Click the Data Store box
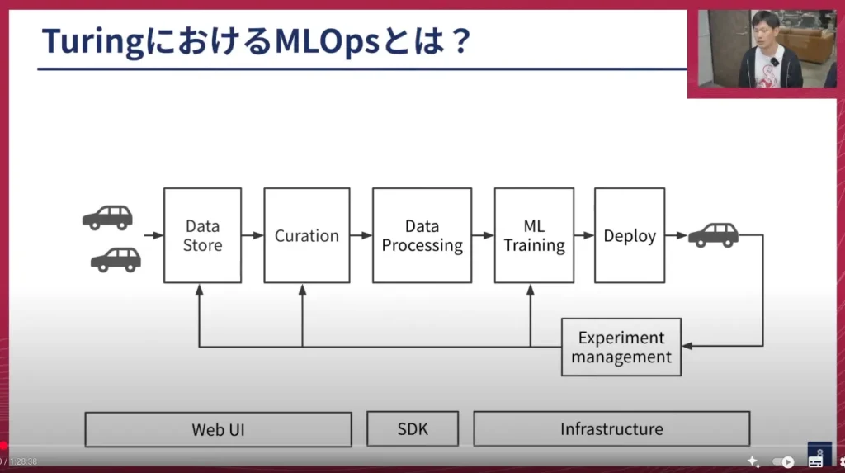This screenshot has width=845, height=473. (202, 235)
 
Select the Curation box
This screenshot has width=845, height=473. (306, 235)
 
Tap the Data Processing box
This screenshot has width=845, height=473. (422, 235)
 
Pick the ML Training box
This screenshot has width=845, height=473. (534, 235)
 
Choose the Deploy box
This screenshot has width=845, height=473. (630, 235)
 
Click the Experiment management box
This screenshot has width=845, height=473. (621, 347)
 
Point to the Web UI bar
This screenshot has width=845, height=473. (218, 429)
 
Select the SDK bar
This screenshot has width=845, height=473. (413, 429)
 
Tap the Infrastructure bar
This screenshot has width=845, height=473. (611, 429)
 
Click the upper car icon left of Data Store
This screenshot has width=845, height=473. (107, 217)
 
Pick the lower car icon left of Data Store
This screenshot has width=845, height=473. (116, 259)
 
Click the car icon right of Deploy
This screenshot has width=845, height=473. (714, 234)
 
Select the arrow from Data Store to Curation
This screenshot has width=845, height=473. (253, 235)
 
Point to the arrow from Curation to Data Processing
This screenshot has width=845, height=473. (361, 235)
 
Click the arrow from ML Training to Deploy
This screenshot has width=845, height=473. (584, 235)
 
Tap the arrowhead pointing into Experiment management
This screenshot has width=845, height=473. (687, 346)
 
